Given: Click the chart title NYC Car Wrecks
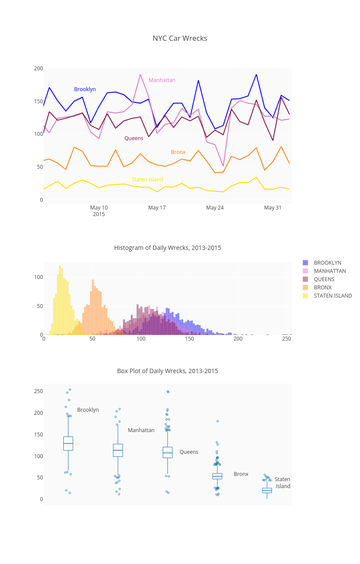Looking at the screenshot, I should pos(180,38).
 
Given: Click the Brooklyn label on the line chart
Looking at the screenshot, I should pos(85,89).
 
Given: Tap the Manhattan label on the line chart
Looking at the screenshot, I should pos(162,80).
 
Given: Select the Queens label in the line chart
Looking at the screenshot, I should pos(134,138).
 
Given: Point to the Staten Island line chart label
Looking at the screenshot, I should pos(147,180).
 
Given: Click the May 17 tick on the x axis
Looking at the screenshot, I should pos(157,208).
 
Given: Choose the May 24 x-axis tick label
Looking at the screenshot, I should pos(215,208).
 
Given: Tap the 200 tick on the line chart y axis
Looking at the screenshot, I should pos(39,69).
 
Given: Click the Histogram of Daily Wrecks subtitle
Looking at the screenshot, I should pos(167,248).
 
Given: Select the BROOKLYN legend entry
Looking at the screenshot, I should pos(327,263).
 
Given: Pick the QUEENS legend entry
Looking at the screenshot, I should pos(324,279).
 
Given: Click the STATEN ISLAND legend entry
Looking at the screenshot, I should pos(333,296).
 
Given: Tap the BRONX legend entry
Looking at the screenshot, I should pos(323,288).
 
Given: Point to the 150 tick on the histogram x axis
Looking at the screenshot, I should pos(190,338).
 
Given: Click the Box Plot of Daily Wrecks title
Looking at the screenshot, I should pos(167,371).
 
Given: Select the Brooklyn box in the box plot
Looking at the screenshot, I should pos(68,443).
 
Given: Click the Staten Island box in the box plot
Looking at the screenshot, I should pos(267,490).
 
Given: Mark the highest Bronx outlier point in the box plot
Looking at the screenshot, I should pos(218,421).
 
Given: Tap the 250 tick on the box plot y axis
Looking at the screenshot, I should pos(39,391).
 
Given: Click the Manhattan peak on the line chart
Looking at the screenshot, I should pos(141,75).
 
